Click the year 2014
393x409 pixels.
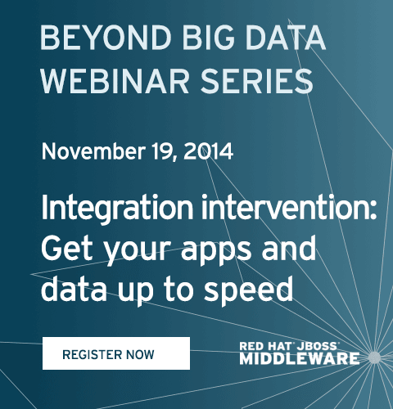coord(209,151)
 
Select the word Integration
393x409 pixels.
coord(117,209)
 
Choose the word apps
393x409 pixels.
coord(216,251)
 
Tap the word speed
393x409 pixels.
coord(249,290)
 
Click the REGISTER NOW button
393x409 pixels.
coord(116,353)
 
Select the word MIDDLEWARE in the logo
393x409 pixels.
coord(300,358)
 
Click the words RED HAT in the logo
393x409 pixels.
coord(266,346)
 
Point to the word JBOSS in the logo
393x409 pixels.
coord(317,346)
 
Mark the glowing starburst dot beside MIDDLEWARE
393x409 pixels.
coord(375,357)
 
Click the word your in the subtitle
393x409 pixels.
coord(136,251)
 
